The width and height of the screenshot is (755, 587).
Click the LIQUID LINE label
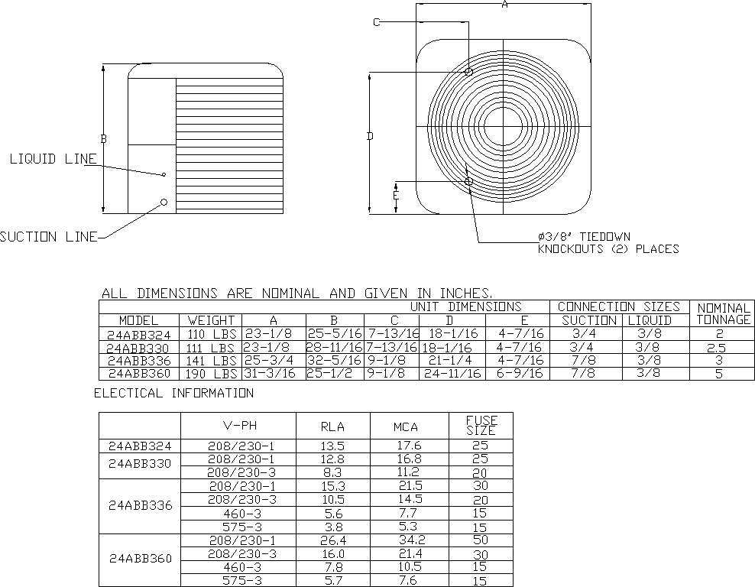click(x=53, y=159)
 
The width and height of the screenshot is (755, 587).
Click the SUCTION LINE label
click(x=49, y=237)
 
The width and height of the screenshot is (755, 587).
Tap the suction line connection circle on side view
click(x=164, y=202)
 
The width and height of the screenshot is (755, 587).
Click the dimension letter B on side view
click(x=104, y=138)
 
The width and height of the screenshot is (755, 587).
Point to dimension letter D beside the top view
click(x=369, y=137)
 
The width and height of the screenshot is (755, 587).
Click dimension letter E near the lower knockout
click(x=395, y=196)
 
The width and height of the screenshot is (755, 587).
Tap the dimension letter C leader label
click(x=377, y=22)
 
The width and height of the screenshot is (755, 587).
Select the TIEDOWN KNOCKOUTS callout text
click(x=608, y=243)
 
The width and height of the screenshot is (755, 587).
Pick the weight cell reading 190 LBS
click(x=211, y=374)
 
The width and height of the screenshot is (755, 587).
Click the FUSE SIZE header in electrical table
click(x=481, y=425)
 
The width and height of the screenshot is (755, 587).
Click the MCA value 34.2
click(x=407, y=541)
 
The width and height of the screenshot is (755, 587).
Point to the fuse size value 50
click(x=481, y=541)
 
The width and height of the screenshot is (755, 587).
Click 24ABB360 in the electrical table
click(x=139, y=559)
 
